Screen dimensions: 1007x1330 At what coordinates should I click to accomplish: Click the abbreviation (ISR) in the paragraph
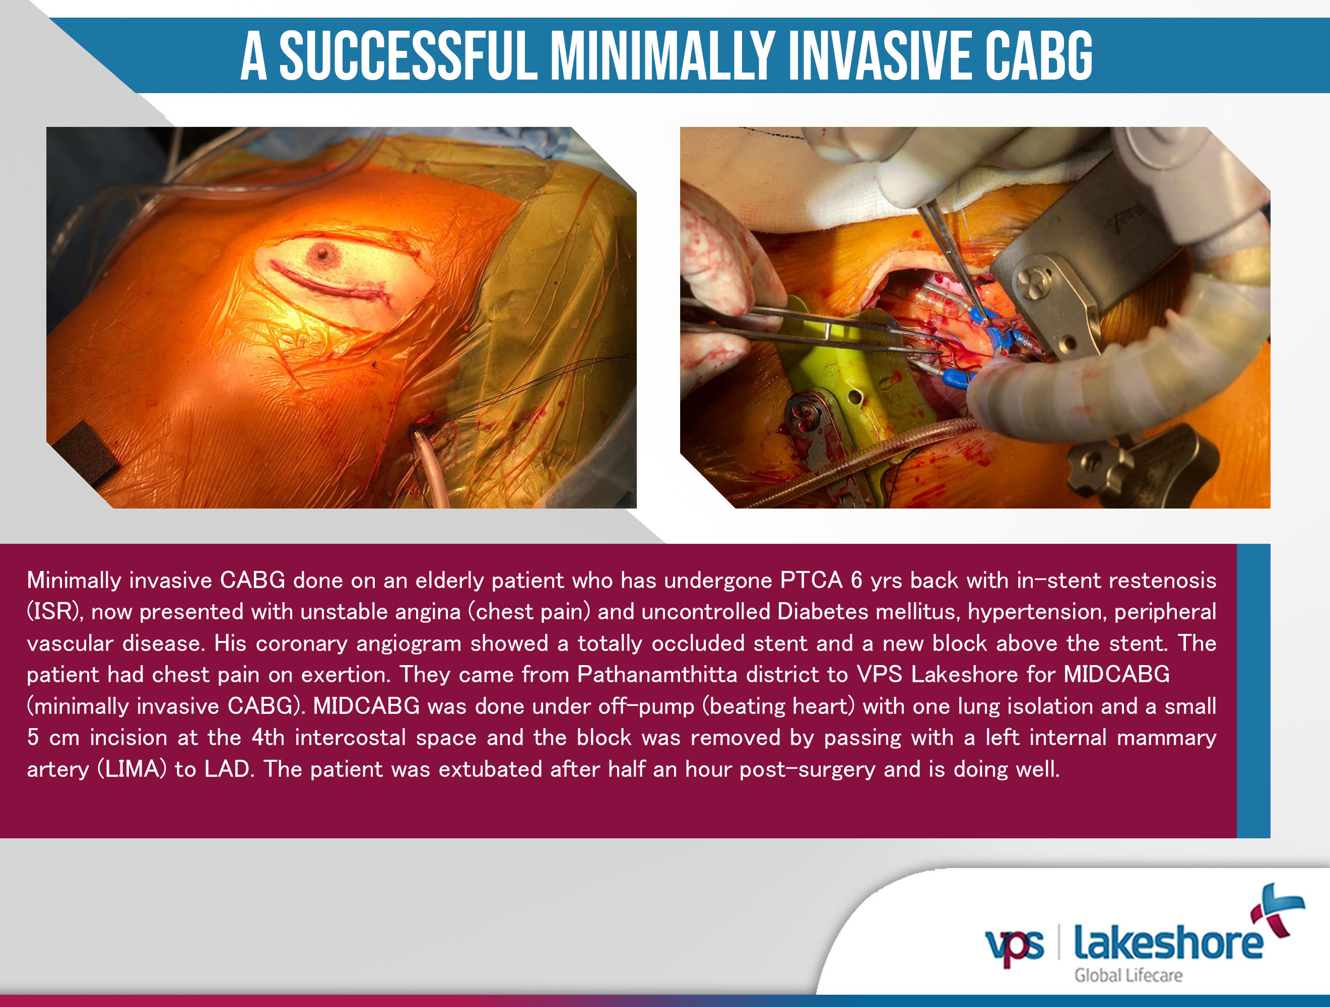coord(54,612)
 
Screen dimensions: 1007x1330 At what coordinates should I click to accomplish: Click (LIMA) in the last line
coord(131,769)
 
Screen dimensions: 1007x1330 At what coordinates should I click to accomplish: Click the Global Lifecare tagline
coord(1128,975)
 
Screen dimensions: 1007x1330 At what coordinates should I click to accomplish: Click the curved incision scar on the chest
coord(327,283)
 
